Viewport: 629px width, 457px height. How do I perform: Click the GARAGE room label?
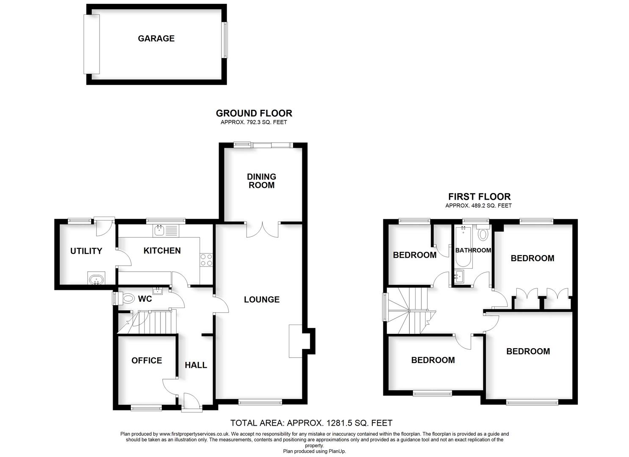tap(156, 39)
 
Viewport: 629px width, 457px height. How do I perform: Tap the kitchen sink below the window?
tap(160, 230)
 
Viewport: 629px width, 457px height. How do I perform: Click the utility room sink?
tap(96, 280)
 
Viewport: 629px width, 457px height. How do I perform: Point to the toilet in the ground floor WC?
tap(126, 299)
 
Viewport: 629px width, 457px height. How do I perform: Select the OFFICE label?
tap(147, 361)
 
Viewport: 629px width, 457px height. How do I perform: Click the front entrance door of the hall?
tap(191, 402)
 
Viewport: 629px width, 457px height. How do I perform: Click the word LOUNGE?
tap(262, 300)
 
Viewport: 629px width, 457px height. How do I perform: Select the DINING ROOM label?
tap(261, 181)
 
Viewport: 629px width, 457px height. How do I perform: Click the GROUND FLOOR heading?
tap(254, 113)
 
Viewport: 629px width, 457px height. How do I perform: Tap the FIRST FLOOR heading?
tap(479, 197)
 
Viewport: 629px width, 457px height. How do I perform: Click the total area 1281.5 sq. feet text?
tap(311, 423)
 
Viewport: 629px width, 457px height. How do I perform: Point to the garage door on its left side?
tap(91, 44)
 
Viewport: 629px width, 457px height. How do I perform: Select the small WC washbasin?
tap(158, 290)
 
